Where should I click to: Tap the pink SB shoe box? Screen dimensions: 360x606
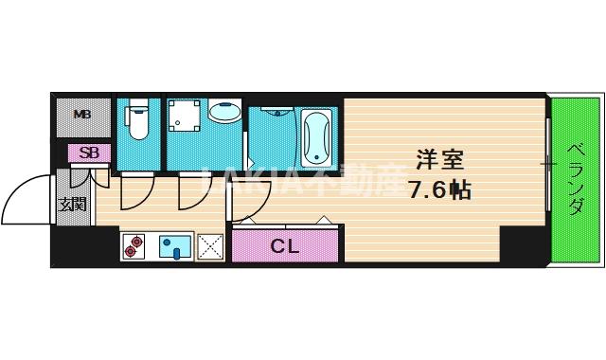pyautogui.click(x=88, y=153)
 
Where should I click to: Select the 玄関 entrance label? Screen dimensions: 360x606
pyautogui.click(x=71, y=204)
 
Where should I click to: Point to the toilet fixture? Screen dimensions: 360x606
pyautogui.click(x=138, y=124)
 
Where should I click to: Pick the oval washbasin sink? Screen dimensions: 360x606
pyautogui.click(x=223, y=113)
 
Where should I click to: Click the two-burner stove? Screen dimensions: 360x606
pyautogui.click(x=134, y=247)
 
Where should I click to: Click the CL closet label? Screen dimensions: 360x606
pyautogui.click(x=285, y=247)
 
